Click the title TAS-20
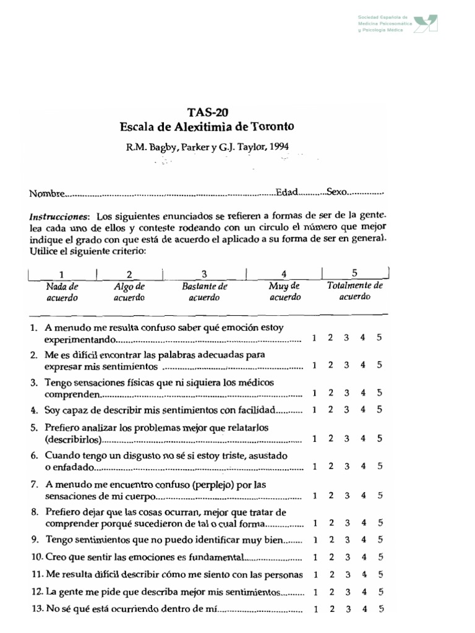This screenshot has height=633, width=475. (x=207, y=112)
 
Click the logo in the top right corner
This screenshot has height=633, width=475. (x=426, y=23)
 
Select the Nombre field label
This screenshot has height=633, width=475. (x=46, y=193)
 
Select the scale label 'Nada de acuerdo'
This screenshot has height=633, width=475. (x=62, y=292)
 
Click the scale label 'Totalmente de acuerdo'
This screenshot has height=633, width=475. (x=355, y=291)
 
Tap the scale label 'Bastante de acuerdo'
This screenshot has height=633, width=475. (x=205, y=292)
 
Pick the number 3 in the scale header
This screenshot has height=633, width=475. (x=204, y=274)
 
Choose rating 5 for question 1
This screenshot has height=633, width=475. (x=379, y=338)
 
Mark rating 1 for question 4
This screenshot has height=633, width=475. (x=315, y=409)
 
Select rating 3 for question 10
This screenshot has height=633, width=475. (x=347, y=557)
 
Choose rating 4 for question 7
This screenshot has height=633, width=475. (x=363, y=495)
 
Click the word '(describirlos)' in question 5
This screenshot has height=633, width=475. (x=72, y=440)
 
